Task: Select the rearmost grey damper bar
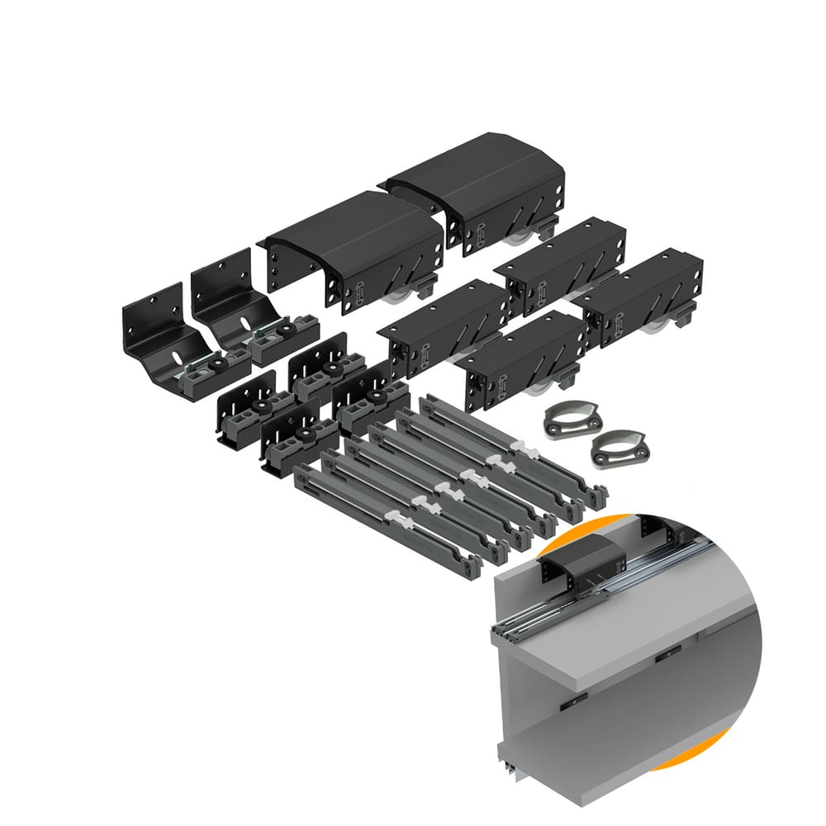512,450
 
